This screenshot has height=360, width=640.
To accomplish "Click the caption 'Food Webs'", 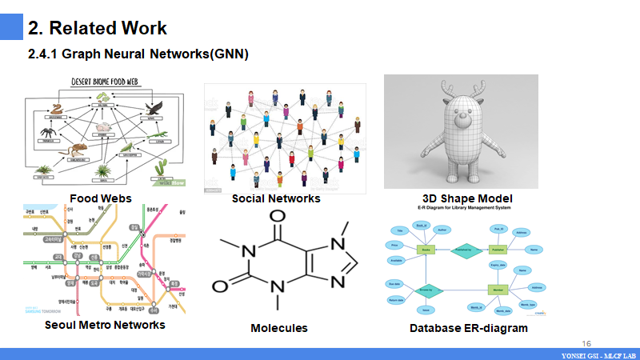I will pyautogui.click(x=100, y=198).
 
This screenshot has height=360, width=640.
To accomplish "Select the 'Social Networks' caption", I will pyautogui.click(x=275, y=198).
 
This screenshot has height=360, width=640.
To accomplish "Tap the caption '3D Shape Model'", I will pyautogui.click(x=467, y=198).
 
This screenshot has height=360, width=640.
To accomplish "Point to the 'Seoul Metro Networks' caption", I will pyautogui.click(x=105, y=325).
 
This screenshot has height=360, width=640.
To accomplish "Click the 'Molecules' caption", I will pyautogui.click(x=278, y=328).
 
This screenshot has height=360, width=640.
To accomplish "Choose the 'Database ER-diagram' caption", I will pyautogui.click(x=468, y=328).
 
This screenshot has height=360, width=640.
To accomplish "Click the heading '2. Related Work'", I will pyautogui.click(x=98, y=28).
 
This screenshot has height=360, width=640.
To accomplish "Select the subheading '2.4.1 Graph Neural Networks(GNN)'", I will pyautogui.click(x=138, y=54).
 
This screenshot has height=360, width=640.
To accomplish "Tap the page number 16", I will pyautogui.click(x=586, y=342).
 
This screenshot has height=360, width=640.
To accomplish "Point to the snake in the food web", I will pyautogui.click(x=58, y=109).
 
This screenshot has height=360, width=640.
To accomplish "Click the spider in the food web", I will pyautogui.click(x=46, y=131).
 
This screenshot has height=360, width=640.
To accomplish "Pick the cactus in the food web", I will pyautogui.click(x=161, y=166).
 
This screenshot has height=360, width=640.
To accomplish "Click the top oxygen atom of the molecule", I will pyautogui.click(x=278, y=218).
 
